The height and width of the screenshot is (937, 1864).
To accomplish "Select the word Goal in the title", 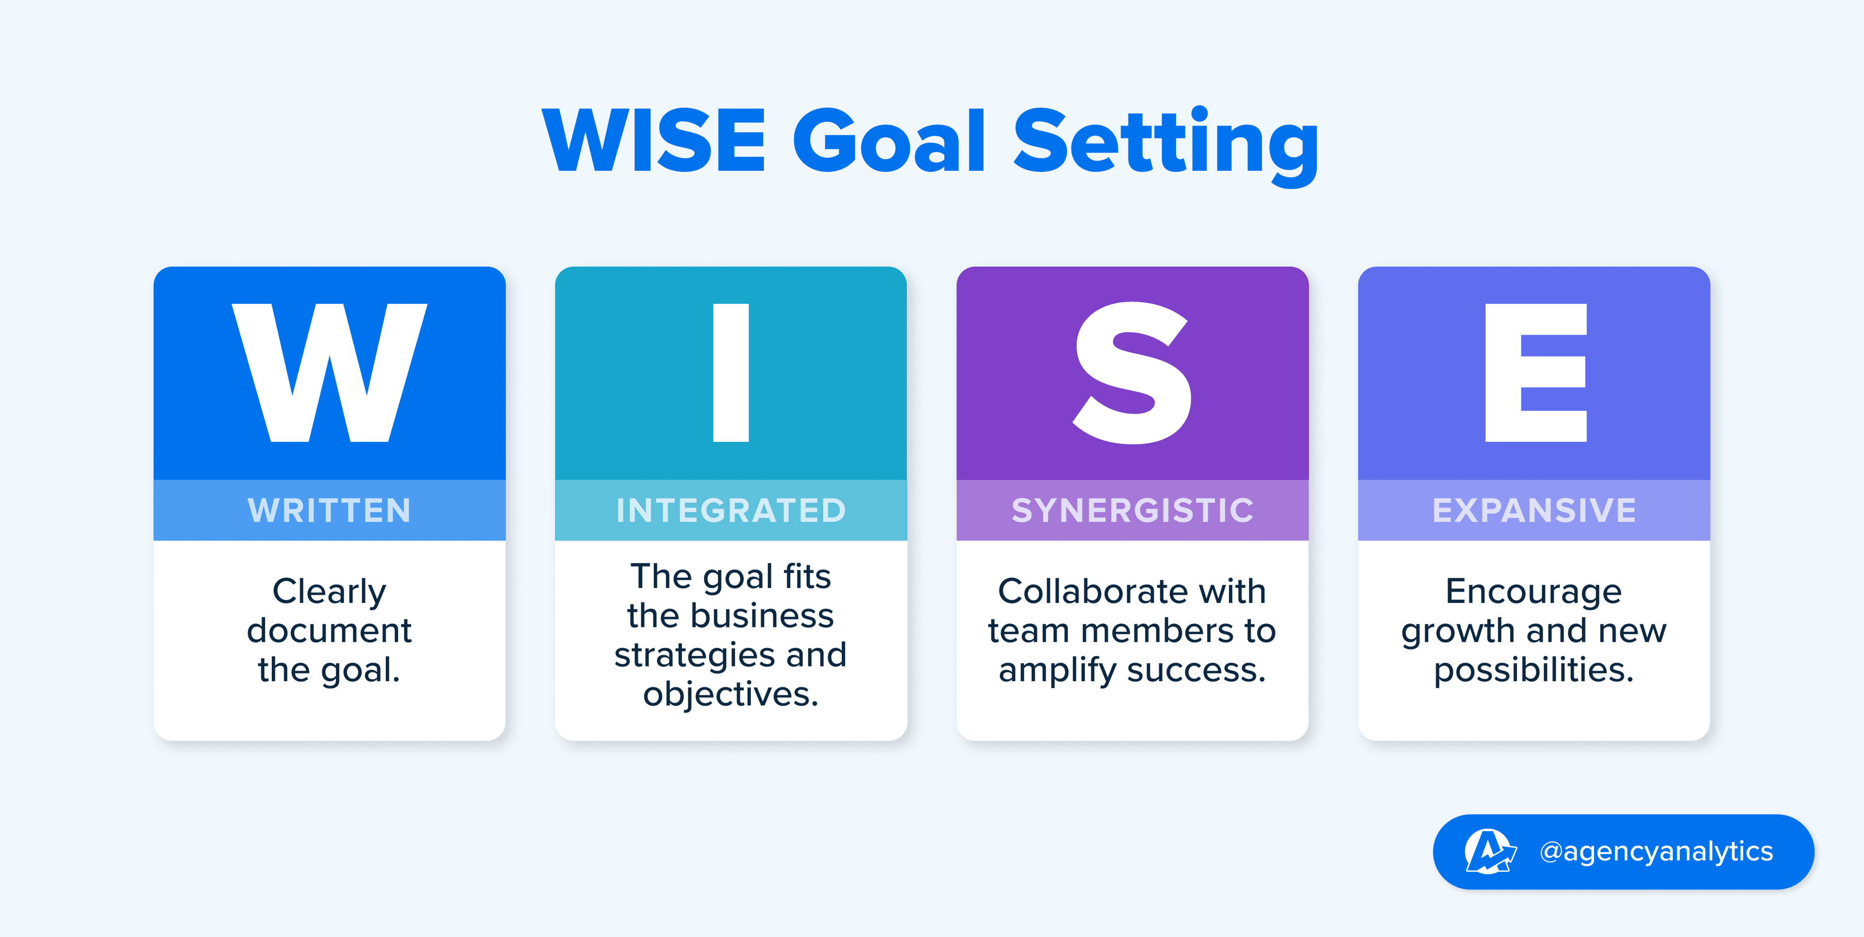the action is [889, 140].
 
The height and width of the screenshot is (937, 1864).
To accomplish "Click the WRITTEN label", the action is [329, 511].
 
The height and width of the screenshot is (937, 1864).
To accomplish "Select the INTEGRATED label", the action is [731, 511].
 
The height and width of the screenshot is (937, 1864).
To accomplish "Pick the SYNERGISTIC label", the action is [1132, 511].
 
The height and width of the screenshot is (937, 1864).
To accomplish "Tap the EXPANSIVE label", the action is [1534, 511].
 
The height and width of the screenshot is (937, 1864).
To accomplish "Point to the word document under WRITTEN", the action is [329, 630].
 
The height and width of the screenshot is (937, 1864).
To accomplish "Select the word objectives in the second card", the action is [731, 695].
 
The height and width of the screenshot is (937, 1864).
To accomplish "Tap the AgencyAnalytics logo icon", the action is [1489, 852].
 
